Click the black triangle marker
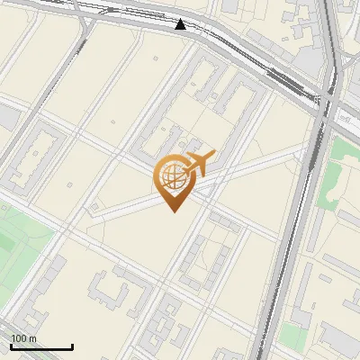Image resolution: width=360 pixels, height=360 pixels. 181,24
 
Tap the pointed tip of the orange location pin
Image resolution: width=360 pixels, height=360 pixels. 174,211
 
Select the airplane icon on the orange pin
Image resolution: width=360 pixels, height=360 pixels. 202,163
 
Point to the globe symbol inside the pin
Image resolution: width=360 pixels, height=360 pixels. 173,176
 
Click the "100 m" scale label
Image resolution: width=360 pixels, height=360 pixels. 23,338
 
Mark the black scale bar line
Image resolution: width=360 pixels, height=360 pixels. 41,346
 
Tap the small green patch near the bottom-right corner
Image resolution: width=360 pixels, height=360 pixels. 293,336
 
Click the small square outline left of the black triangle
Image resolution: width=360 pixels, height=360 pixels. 118,13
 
